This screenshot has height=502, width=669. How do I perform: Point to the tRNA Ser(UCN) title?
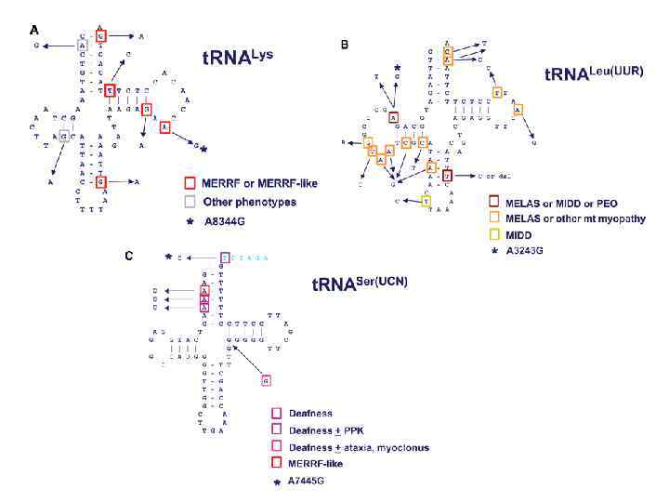[363, 284]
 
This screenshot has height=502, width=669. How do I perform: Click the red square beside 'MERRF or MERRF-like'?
[189, 183]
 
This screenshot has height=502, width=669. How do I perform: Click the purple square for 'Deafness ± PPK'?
[275, 429]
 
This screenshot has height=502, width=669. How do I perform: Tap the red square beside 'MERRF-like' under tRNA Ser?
[275, 463]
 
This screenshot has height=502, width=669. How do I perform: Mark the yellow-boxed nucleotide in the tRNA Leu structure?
[426, 201]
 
